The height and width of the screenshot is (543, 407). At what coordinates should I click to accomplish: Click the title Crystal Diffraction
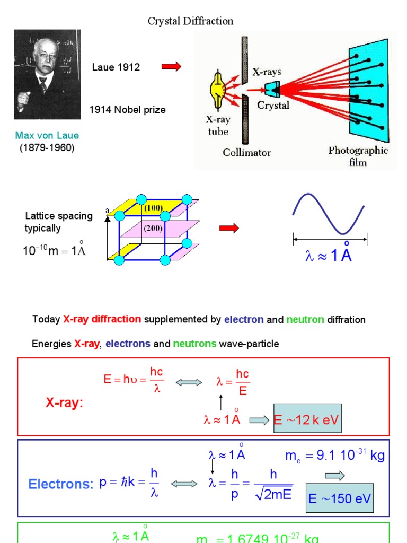pyautogui.click(x=190, y=22)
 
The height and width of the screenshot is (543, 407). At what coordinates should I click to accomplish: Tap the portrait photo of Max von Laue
pyautogui.click(x=47, y=75)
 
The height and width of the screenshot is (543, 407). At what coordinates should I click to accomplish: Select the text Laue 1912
pyautogui.click(x=116, y=67)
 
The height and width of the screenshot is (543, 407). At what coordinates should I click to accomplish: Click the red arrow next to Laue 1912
pyautogui.click(x=171, y=66)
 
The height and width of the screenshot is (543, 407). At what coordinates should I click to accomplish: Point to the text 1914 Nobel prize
pyautogui.click(x=127, y=110)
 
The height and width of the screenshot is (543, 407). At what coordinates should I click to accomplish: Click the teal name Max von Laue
pyautogui.click(x=47, y=136)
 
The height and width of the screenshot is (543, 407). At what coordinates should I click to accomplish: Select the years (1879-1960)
pyautogui.click(x=47, y=147)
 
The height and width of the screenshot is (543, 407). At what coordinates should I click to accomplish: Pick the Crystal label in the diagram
pyautogui.click(x=273, y=106)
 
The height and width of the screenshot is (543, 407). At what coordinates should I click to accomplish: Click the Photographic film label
pyautogui.click(x=358, y=155)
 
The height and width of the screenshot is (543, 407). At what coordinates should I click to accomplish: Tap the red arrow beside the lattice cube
pyautogui.click(x=229, y=229)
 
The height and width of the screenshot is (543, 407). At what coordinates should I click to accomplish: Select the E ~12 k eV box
pyautogui.click(x=306, y=421)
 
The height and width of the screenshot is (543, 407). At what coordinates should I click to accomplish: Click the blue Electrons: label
pyautogui.click(x=60, y=484)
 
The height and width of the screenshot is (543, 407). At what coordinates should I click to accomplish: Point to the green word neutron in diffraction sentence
pyautogui.click(x=304, y=320)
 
